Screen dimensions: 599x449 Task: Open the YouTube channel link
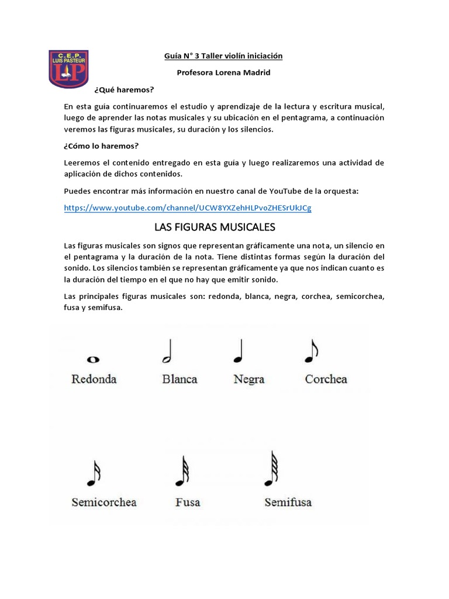[187, 208]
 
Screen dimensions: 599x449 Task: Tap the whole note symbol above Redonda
[94, 360]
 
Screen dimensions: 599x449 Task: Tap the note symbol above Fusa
[182, 471]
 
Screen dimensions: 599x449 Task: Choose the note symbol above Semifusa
[271, 468]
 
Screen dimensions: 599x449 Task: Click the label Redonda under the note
[94, 379]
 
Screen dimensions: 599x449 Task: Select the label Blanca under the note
[179, 379]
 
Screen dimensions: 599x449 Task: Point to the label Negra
[249, 379]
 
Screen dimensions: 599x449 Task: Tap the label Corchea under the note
[326, 379]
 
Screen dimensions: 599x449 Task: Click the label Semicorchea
[104, 502]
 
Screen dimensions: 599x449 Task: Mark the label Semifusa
[288, 502]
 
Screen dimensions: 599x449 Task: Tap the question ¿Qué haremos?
[123, 89]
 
